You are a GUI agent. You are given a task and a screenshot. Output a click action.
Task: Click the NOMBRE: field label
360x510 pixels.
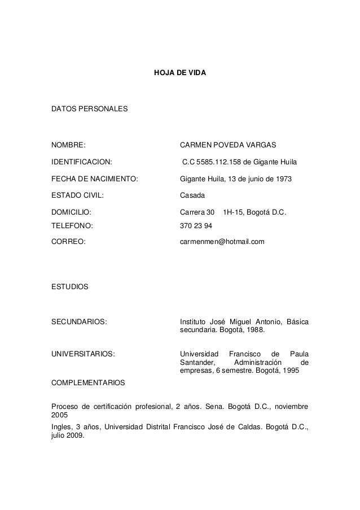point(69,145)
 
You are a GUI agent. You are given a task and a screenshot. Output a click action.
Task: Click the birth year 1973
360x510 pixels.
point(292,180)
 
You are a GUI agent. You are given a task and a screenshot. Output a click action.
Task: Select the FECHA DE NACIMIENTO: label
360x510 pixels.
point(94,180)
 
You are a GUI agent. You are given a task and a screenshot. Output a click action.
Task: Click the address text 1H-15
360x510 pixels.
point(233,213)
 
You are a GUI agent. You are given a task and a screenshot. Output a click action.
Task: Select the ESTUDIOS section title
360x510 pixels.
point(69,287)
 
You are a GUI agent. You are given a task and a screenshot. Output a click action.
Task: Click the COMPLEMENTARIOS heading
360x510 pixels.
point(88,382)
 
